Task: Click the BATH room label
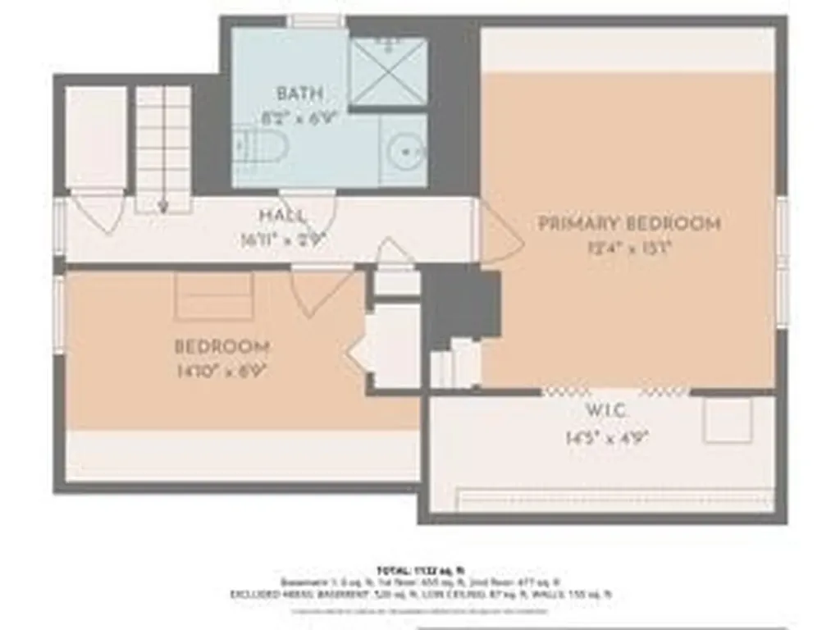[299, 93]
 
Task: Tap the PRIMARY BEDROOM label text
[629, 223]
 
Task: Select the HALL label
[283, 216]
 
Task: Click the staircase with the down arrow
[163, 148]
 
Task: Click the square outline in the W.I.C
[728, 421]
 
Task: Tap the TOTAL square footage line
[419, 568]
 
